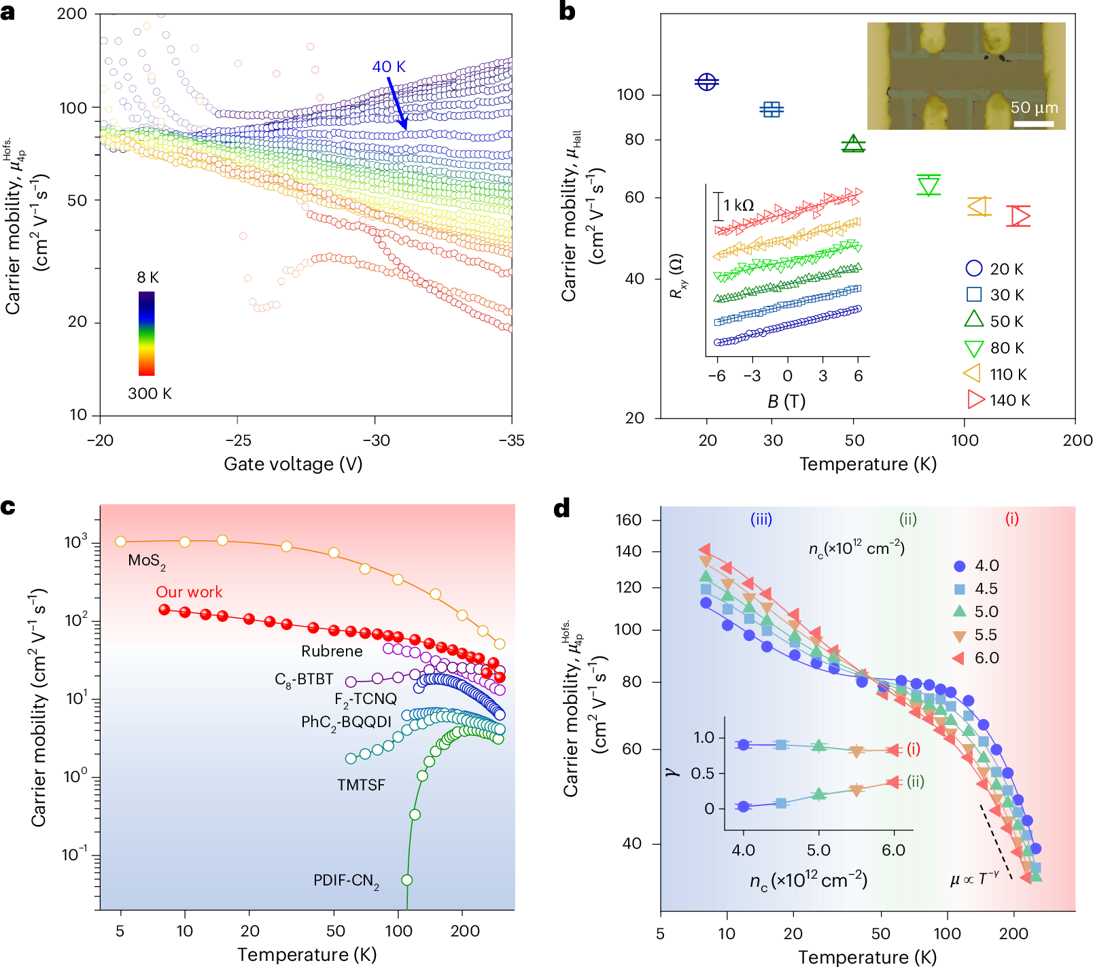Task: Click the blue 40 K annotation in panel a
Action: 388,67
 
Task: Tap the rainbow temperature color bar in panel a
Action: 147,333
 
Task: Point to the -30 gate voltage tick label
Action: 376,440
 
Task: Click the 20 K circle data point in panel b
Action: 707,82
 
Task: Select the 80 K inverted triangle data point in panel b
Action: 929,185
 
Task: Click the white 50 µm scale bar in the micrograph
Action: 1034,124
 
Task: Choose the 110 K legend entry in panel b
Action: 996,374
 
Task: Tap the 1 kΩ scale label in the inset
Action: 738,205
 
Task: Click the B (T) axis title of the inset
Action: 786,402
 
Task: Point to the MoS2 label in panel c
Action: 147,561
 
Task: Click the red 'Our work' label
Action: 189,592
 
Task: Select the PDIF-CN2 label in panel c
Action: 346,881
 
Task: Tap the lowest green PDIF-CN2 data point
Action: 407,880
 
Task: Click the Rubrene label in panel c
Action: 332,651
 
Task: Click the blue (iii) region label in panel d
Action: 761,520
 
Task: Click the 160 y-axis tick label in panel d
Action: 628,520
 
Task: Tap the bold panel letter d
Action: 562,508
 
